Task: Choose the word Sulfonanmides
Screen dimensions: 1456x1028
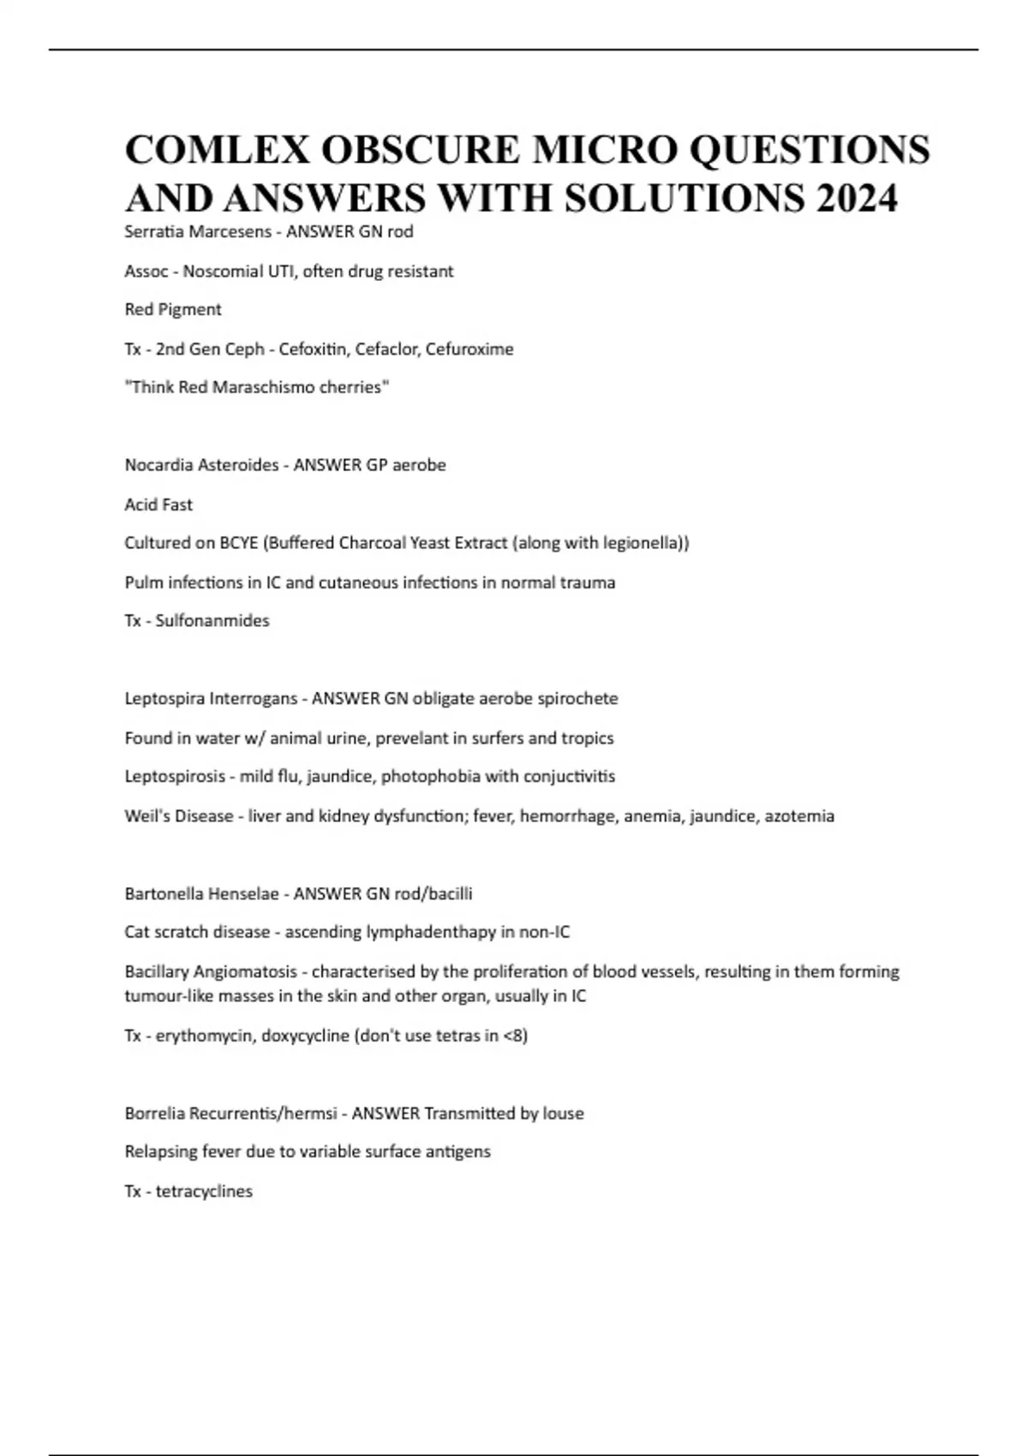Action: (x=212, y=621)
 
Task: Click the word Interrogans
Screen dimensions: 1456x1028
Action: (x=253, y=699)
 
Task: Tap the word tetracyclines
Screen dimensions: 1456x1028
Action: (x=204, y=1191)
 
